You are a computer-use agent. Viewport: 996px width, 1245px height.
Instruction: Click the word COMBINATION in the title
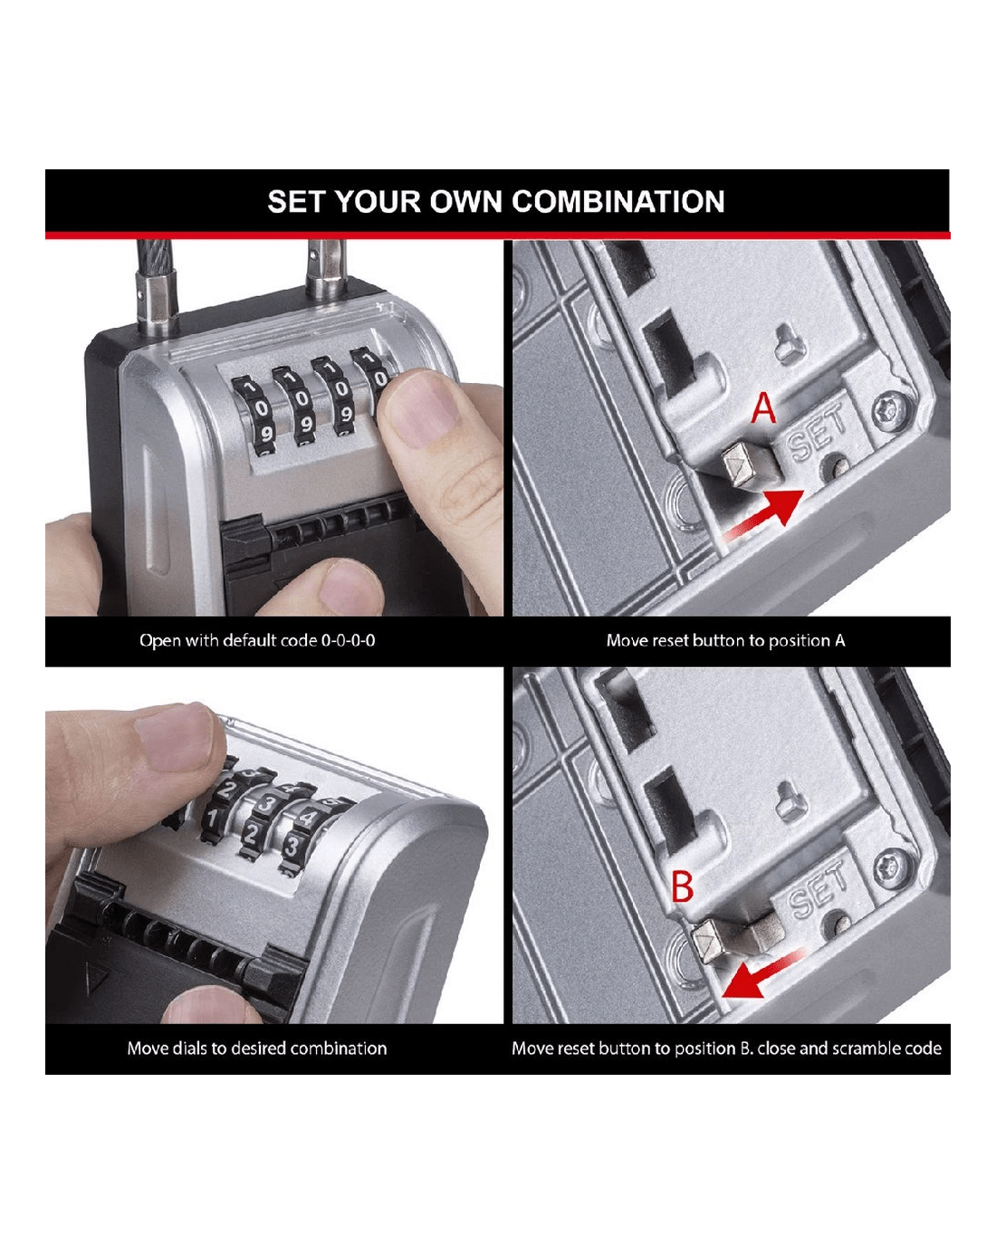click(x=618, y=202)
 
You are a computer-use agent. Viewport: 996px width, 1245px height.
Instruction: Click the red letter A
click(x=763, y=408)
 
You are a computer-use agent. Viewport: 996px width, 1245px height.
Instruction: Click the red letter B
click(x=683, y=886)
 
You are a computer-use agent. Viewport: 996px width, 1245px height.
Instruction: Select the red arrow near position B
click(x=762, y=973)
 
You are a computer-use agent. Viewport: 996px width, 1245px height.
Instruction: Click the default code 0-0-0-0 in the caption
click(x=348, y=640)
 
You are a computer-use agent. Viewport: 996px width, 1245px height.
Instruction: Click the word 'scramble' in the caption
click(x=862, y=1049)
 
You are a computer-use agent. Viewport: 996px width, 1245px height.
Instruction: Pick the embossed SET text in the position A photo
click(x=817, y=433)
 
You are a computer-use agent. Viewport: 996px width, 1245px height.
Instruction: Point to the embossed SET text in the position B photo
click(x=817, y=888)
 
